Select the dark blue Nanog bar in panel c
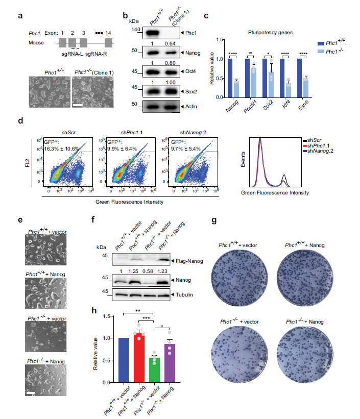tap(230, 78)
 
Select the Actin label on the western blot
tap(191, 105)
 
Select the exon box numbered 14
tap(108, 43)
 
